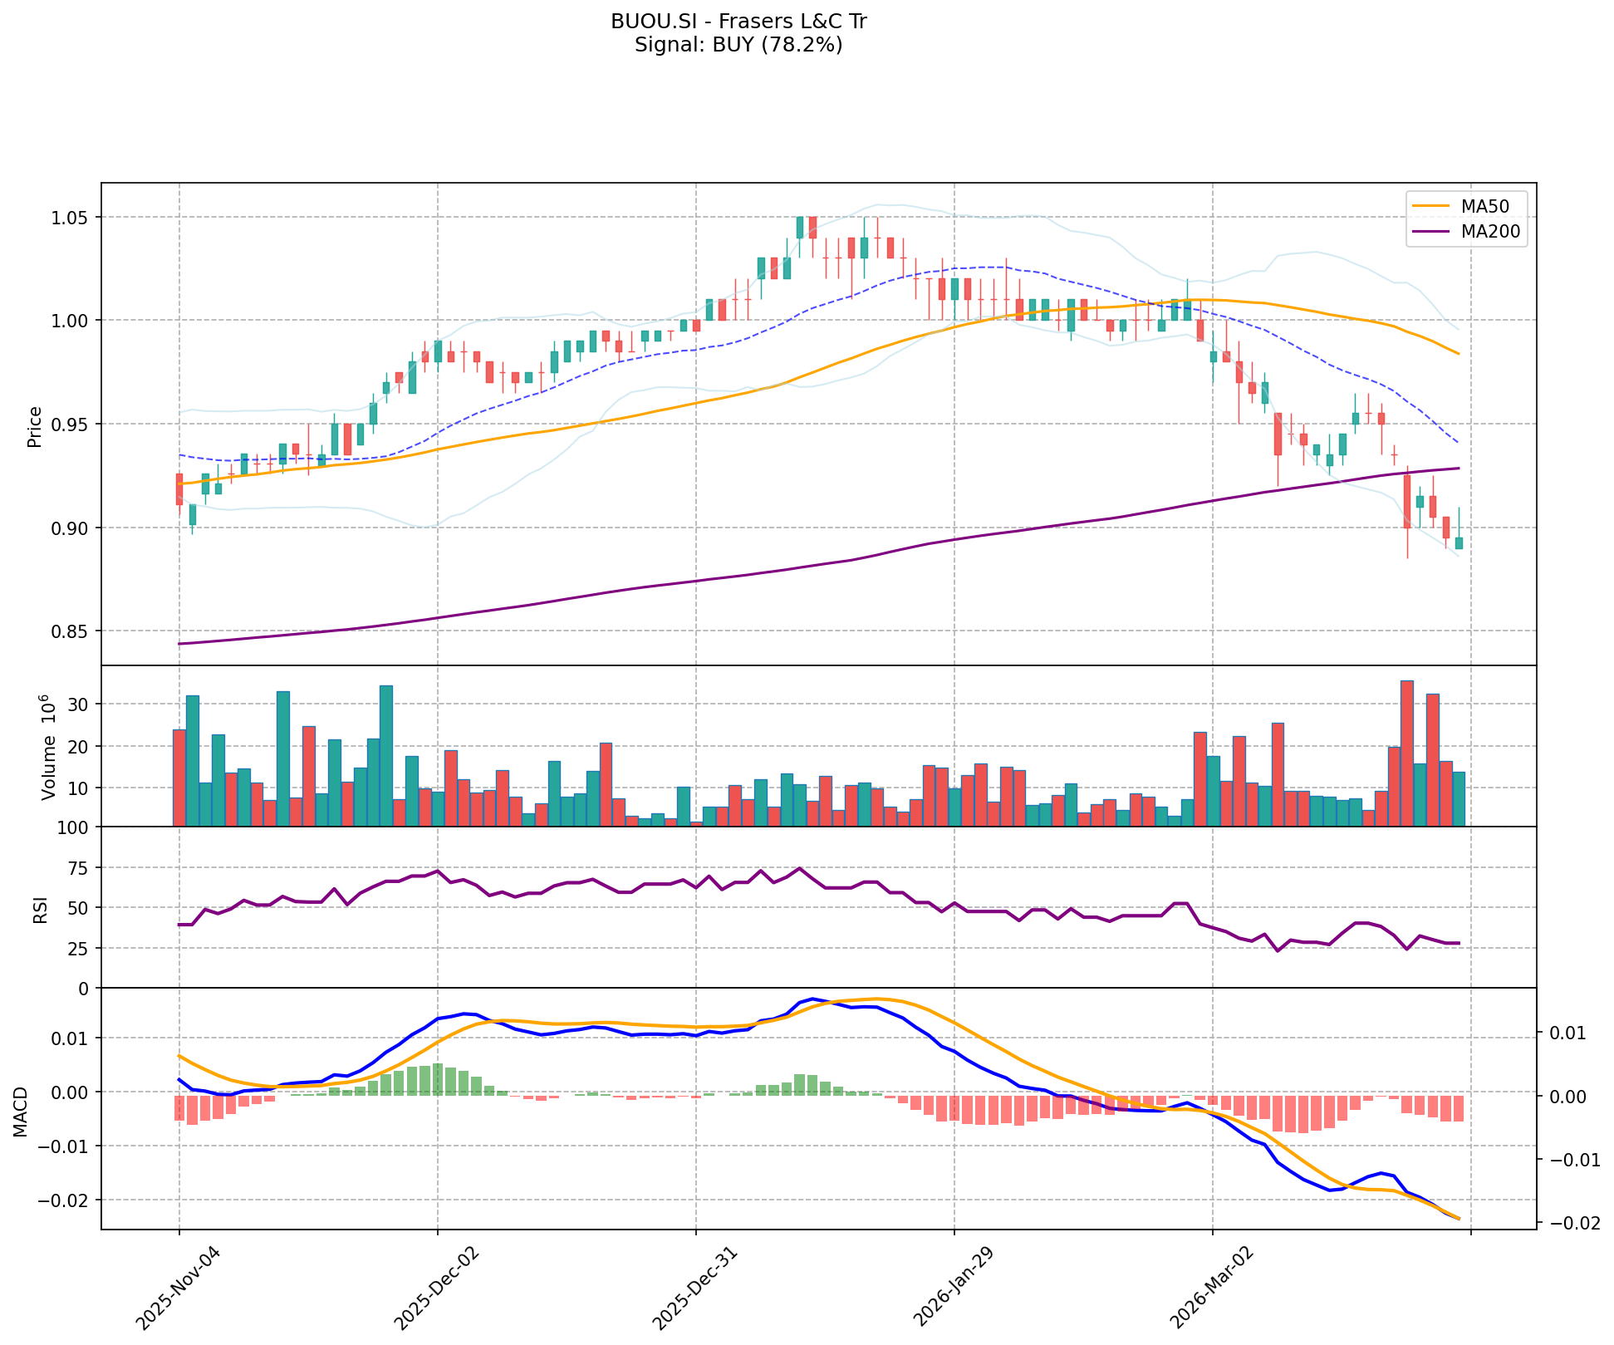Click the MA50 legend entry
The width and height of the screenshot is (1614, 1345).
tap(1490, 204)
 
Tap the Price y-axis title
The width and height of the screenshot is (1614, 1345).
tap(35, 426)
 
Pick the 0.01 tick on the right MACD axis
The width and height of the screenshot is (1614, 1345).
tap(1568, 1033)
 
